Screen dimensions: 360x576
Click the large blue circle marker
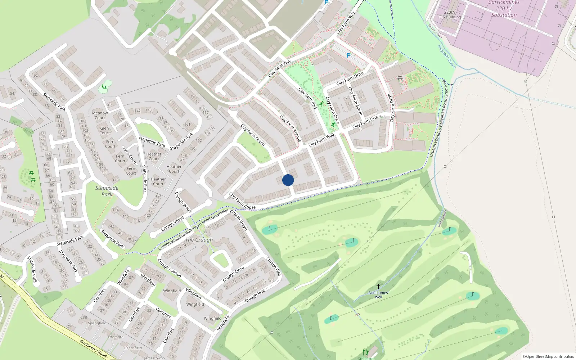pos(288,180)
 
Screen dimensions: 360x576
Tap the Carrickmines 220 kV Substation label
pos(504,9)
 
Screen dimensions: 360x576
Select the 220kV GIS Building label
pos(450,15)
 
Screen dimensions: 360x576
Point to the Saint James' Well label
pos(378,295)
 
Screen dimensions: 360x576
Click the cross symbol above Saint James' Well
pos(378,287)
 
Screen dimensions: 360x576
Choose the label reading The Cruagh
pos(199,240)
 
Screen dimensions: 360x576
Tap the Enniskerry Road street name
pos(93,348)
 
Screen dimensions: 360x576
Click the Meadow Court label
pos(100,115)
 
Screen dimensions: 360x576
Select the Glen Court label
pos(104,130)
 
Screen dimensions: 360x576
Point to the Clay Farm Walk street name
pos(321,140)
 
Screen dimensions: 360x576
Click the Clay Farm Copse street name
pos(242,201)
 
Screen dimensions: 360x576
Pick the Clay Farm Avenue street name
pos(290,129)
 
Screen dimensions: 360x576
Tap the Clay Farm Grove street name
pos(366,121)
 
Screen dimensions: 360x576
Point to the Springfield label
pos(97,323)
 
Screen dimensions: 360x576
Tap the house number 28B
pos(84,318)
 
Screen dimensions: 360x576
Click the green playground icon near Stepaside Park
pos(104,87)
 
